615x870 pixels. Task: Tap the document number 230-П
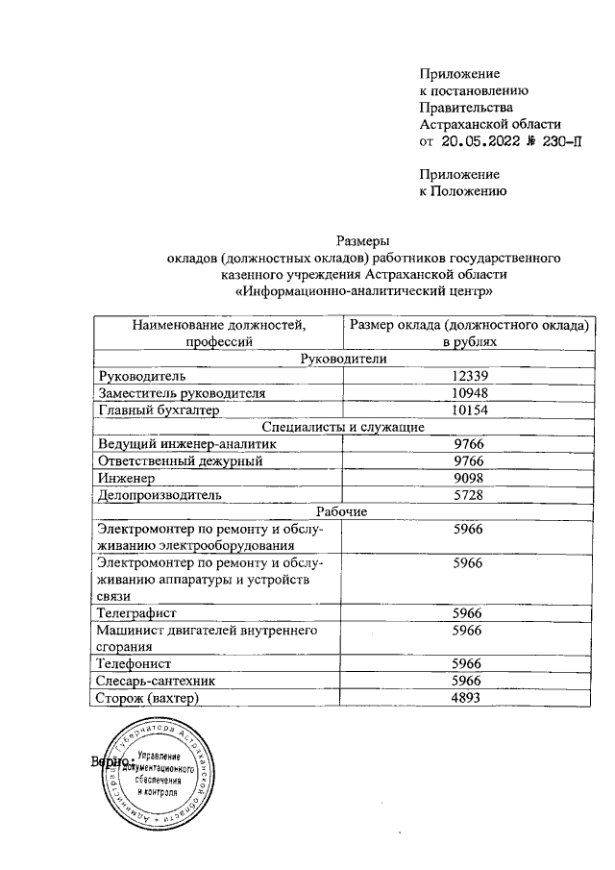[x=560, y=141]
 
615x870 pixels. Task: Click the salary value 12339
[x=469, y=375]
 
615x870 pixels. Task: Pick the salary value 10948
[x=469, y=392]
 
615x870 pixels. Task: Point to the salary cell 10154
[x=469, y=410]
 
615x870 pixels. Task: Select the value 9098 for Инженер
[x=469, y=478]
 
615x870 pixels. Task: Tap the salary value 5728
[x=469, y=495]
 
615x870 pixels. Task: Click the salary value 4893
[x=469, y=699]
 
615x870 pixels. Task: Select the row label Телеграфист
[x=138, y=611]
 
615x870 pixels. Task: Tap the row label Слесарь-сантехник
[x=155, y=682]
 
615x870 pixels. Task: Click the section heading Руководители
[x=344, y=358]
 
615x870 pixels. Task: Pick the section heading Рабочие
[x=344, y=511]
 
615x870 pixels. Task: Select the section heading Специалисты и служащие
[x=344, y=427]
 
